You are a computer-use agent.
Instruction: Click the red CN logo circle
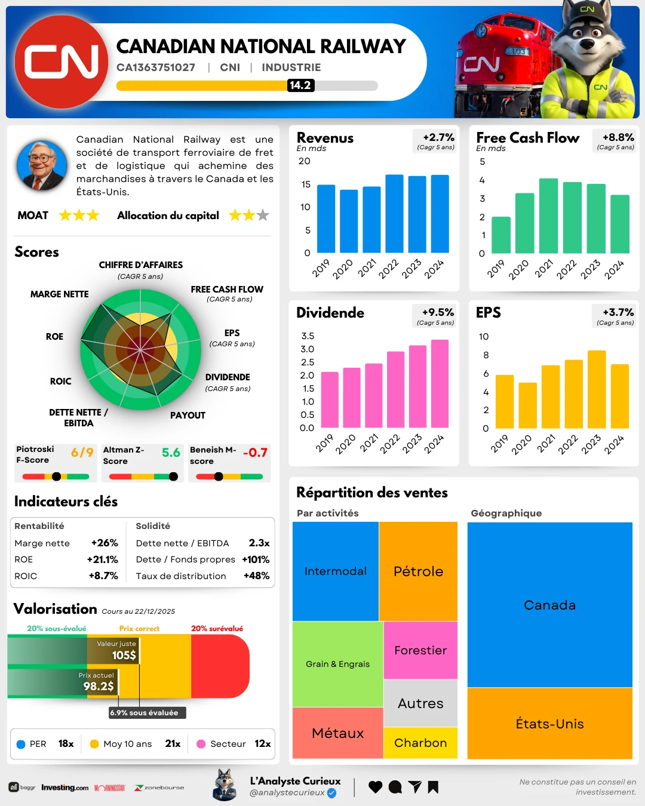61,62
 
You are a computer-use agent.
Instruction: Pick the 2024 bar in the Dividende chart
440,383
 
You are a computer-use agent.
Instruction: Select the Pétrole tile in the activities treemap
418,571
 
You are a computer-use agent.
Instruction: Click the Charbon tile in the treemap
420,743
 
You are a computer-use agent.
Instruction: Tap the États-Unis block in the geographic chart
549,724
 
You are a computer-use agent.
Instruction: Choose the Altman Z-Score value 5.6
171,453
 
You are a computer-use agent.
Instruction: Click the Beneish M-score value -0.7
255,453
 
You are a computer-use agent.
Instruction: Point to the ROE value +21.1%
103,559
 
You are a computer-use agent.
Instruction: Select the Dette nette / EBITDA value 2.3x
259,543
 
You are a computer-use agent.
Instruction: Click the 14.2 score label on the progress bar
300,85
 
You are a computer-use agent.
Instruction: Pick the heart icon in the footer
375,787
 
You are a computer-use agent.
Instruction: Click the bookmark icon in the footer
433,787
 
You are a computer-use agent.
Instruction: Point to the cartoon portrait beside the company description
42,165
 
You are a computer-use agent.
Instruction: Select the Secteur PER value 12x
262,743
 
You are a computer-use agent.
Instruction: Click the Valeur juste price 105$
124,655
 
